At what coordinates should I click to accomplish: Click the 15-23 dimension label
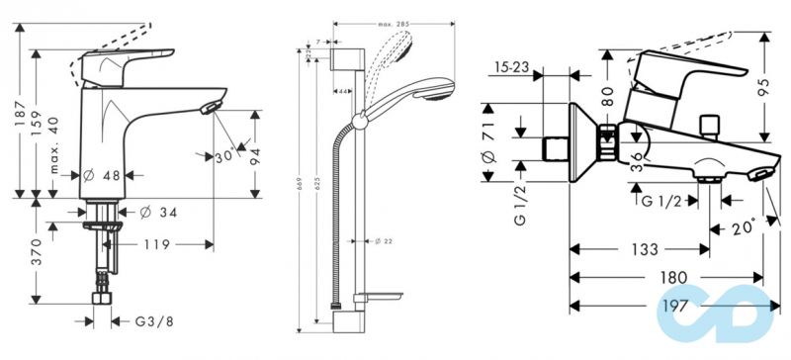coord(511,69)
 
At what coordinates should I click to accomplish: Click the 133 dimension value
coord(638,249)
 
